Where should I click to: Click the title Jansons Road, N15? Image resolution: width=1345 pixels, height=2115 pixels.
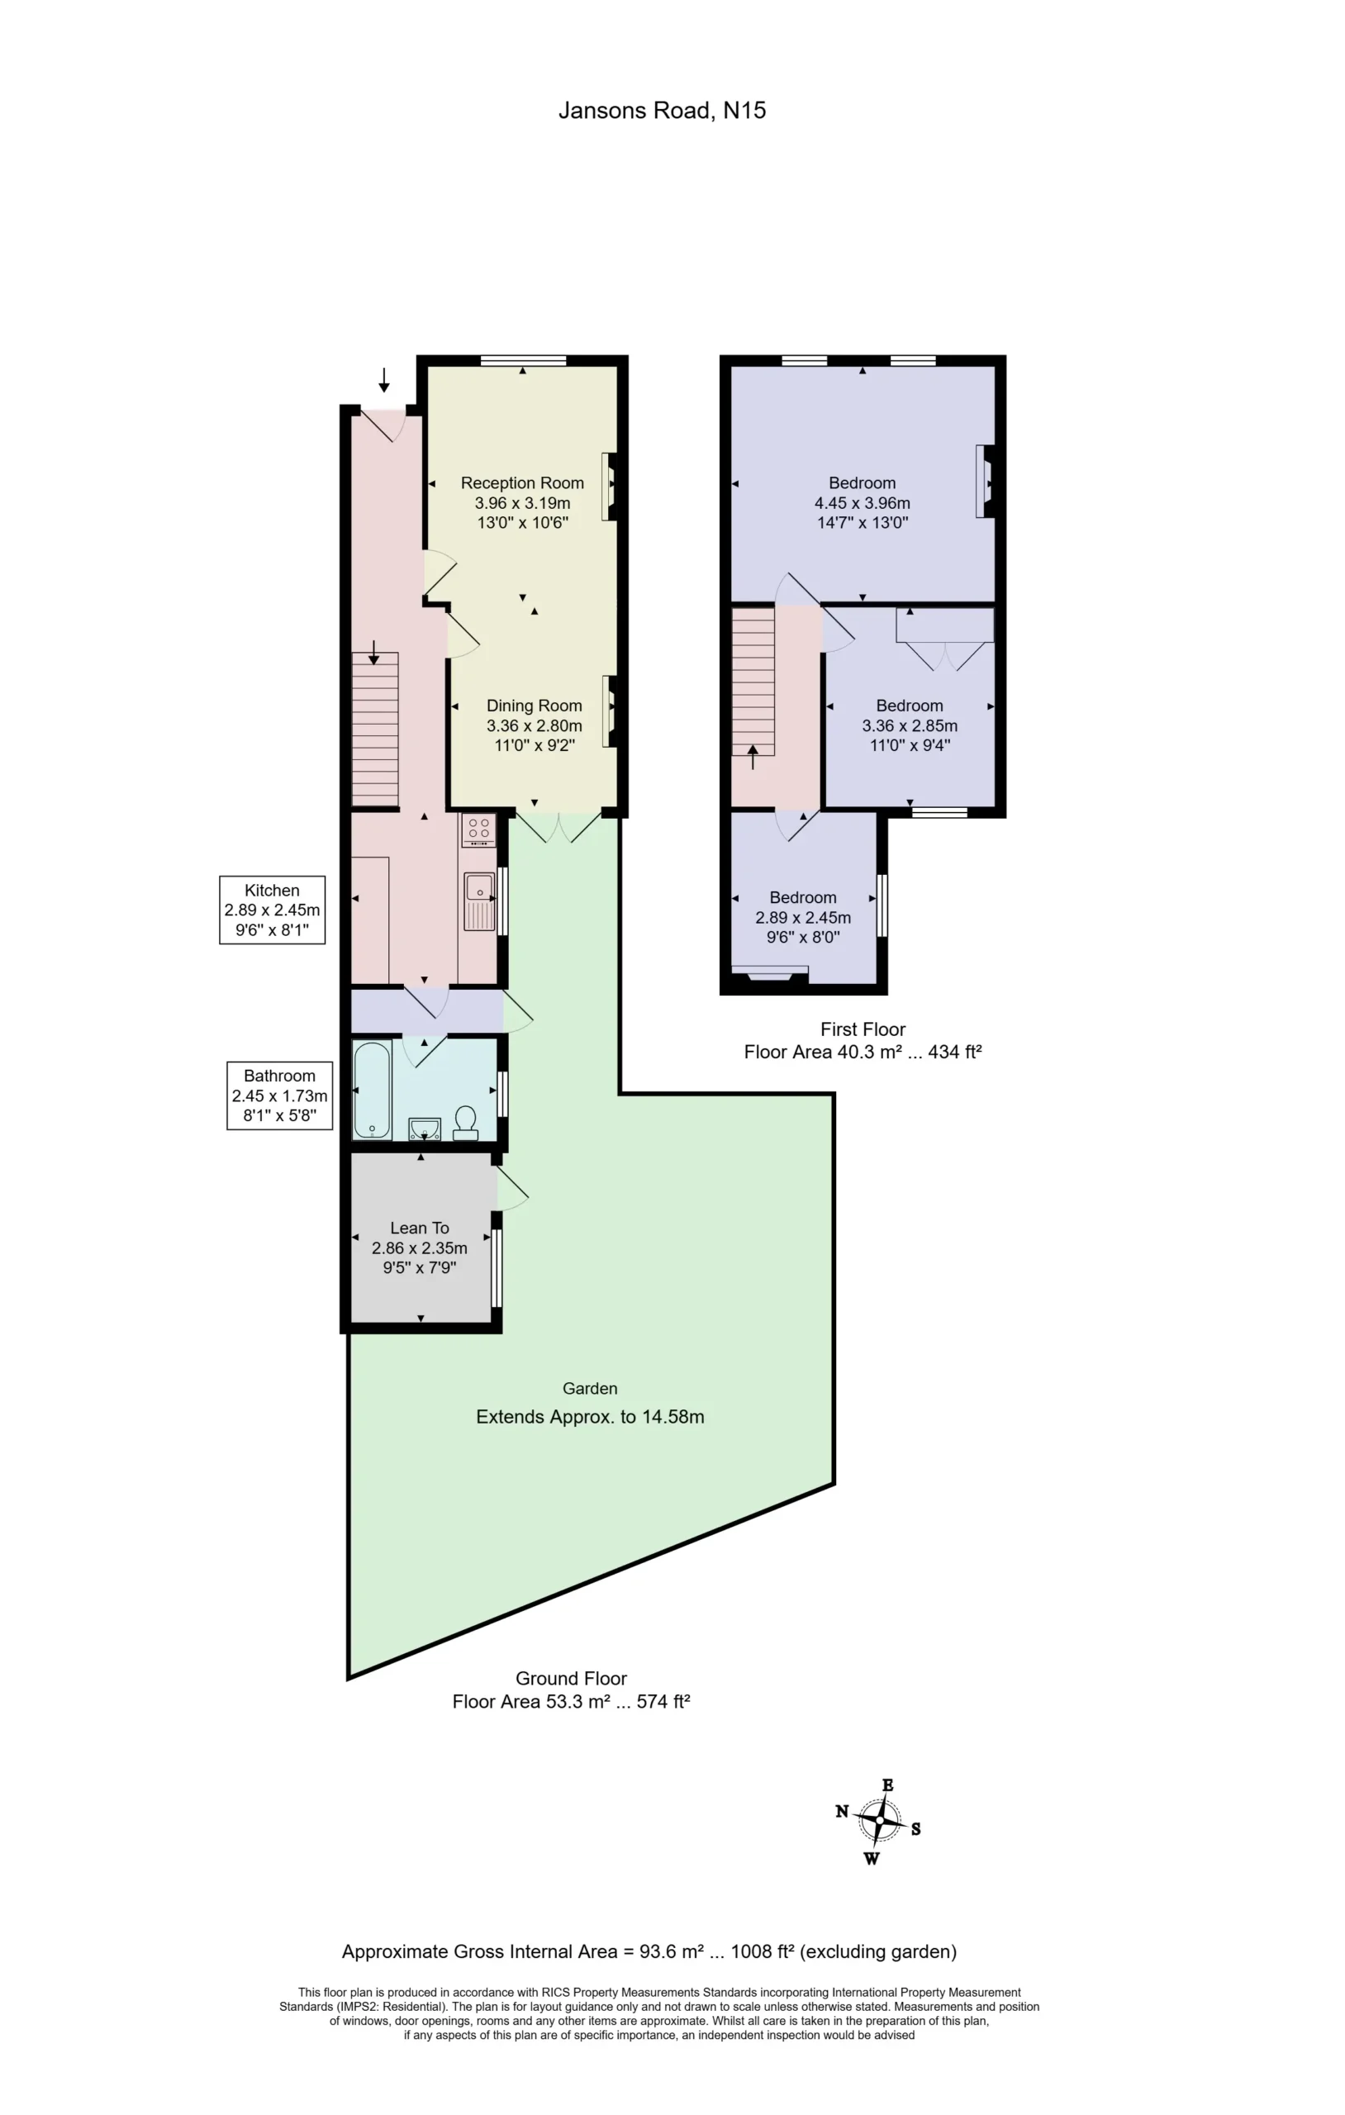(x=663, y=111)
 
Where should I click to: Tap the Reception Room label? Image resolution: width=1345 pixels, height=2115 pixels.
(x=523, y=502)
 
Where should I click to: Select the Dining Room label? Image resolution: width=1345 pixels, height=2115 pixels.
(x=535, y=725)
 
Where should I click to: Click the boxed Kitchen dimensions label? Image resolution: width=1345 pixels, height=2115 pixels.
(x=273, y=910)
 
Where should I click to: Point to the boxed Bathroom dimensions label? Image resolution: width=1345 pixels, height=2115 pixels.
(x=279, y=1096)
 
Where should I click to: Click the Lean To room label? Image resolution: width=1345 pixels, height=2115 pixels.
(x=420, y=1248)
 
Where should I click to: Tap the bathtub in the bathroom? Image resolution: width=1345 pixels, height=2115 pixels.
(x=373, y=1090)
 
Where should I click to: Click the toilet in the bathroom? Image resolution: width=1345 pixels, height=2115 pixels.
(x=465, y=1123)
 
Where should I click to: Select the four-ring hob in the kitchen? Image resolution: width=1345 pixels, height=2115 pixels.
(x=479, y=830)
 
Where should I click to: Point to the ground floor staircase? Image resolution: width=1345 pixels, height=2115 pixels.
(x=375, y=729)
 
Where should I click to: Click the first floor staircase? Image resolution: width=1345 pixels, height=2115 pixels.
(x=753, y=682)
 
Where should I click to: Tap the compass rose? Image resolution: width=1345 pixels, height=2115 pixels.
(x=878, y=1822)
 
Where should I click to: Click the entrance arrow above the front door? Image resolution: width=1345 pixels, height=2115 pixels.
(x=384, y=379)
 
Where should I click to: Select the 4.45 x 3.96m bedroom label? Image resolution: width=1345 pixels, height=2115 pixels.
(x=863, y=502)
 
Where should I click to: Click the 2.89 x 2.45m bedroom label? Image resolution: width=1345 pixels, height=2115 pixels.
(x=803, y=917)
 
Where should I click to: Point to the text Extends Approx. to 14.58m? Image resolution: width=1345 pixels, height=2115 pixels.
(x=591, y=1417)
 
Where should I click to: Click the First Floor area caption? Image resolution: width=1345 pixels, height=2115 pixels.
(x=863, y=1041)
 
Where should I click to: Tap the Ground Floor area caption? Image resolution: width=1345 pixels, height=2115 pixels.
(x=571, y=1690)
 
